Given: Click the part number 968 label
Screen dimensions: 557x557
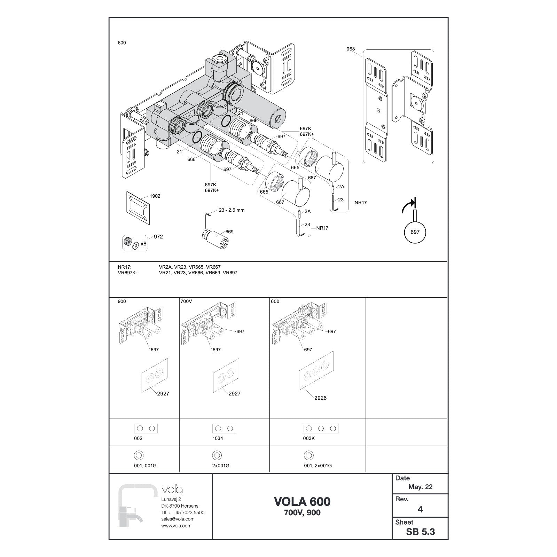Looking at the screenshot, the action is tap(351, 49).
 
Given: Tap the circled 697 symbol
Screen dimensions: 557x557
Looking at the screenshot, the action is tap(415, 232).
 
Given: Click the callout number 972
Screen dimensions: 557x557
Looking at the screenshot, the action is tap(158, 237).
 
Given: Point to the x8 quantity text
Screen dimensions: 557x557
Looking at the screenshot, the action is tap(143, 244).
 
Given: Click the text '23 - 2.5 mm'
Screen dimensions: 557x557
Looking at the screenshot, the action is tap(232, 210).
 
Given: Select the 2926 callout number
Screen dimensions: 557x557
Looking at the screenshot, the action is tap(320, 398).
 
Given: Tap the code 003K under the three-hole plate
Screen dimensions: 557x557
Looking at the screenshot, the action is tap(309, 438).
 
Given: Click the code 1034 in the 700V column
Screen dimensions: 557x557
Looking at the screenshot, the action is tap(218, 438).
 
